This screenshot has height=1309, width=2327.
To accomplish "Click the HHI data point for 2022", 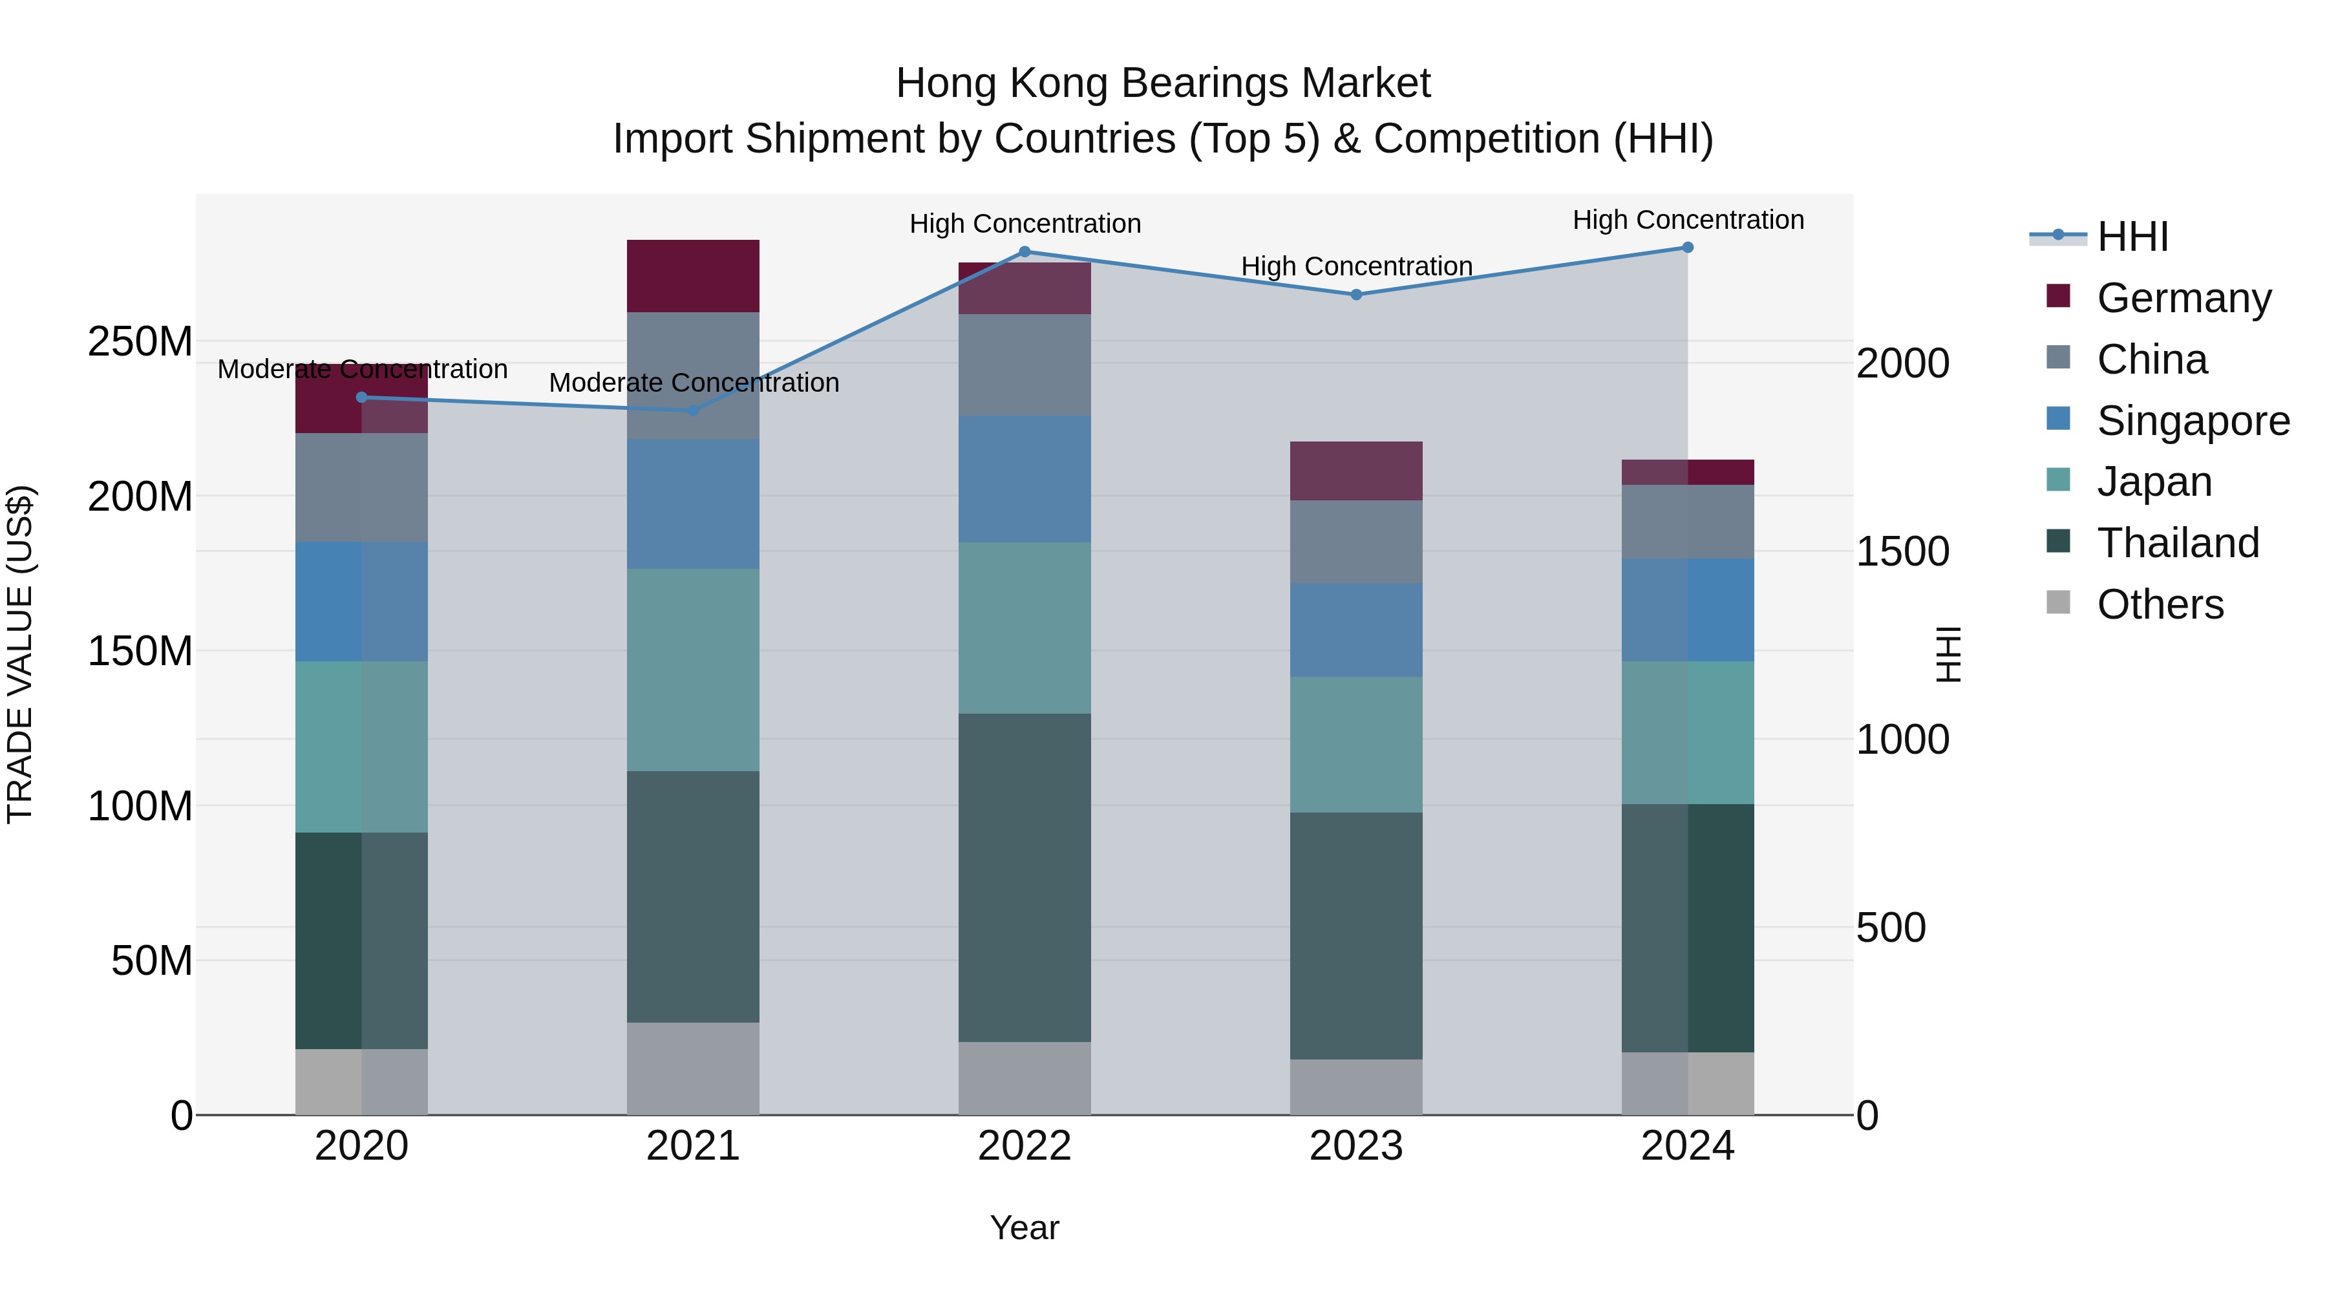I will [x=1025, y=252].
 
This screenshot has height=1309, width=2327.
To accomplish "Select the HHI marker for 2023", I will [x=1356, y=295].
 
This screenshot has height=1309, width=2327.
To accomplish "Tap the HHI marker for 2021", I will [x=693, y=410].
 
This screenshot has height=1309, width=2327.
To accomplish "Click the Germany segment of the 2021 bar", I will [x=693, y=275].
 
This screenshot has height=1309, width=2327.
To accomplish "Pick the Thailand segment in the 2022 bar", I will [x=1025, y=877].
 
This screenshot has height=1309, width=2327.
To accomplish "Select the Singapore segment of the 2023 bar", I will [x=1356, y=630].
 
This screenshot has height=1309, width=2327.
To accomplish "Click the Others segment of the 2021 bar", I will [x=693, y=1068].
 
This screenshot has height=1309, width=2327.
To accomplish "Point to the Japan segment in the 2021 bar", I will [x=693, y=670].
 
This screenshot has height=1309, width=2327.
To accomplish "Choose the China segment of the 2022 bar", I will [x=1025, y=365].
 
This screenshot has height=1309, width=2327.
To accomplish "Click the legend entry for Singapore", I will [x=2193, y=421].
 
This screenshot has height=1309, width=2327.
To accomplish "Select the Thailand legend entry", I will [x=2178, y=543].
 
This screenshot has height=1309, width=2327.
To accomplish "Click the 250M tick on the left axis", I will [x=140, y=343].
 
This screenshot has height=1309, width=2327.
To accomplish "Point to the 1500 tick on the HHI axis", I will [x=1902, y=552].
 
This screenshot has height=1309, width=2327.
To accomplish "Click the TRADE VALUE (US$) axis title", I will [x=20, y=654].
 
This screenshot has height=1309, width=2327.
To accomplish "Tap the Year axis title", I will [x=1025, y=1228].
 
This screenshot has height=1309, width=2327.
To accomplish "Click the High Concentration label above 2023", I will [x=1356, y=266].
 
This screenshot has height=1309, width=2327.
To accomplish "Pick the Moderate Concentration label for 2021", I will [x=694, y=383].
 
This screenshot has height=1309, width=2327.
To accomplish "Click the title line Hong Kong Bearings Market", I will [x=1163, y=83].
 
